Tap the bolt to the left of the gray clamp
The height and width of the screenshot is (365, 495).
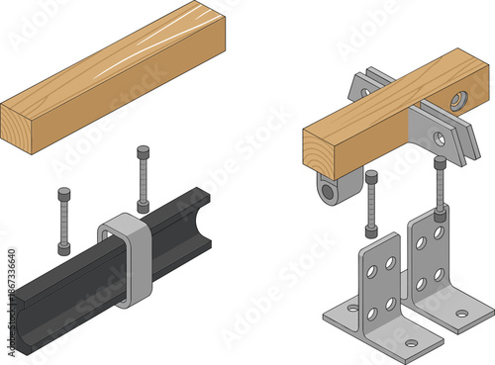[x=64, y=220]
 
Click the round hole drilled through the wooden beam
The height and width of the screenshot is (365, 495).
[x=456, y=101]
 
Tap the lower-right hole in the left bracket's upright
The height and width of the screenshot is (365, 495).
[x=390, y=304]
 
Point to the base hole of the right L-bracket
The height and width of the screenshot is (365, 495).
[x=461, y=315]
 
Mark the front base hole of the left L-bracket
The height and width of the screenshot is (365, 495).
[x=411, y=344]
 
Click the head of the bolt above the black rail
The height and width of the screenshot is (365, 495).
[x=144, y=152]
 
